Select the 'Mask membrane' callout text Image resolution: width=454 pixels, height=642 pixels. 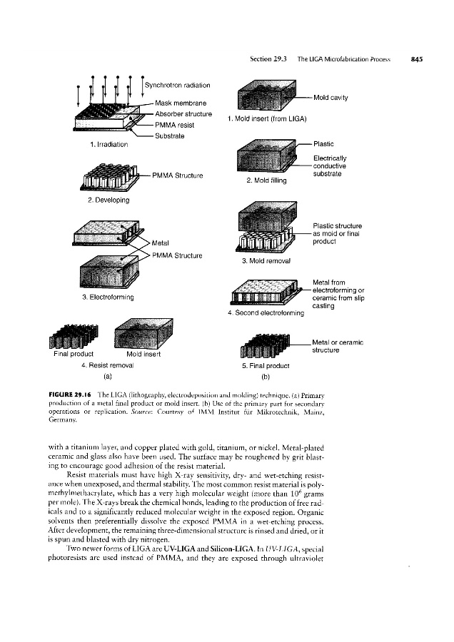(181, 103)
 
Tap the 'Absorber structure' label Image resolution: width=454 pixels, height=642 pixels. (183, 114)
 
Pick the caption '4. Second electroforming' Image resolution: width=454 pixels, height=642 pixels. (266, 312)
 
